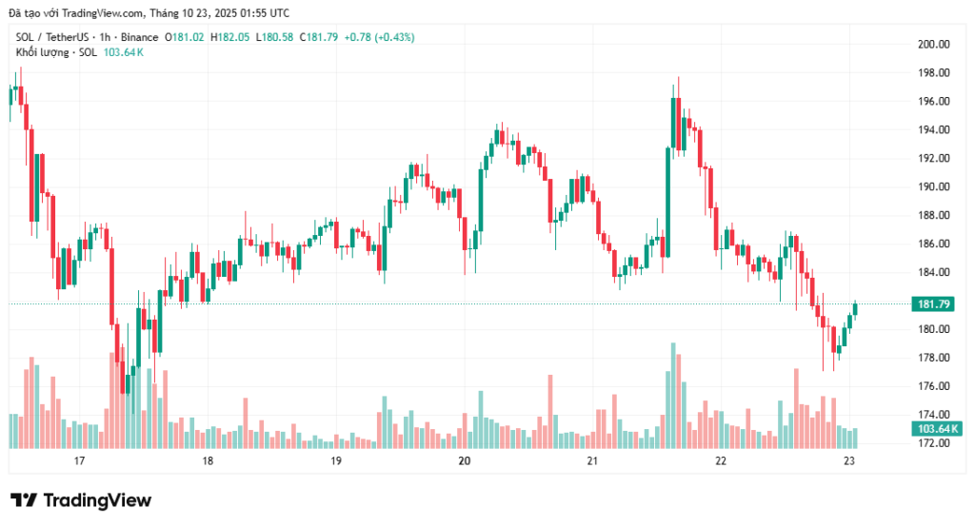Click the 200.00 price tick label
coord(934,44)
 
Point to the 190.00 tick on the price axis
coord(934,186)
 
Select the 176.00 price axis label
coord(934,386)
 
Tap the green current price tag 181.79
coord(934,304)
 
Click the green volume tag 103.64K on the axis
coord(936,429)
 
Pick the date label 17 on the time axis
coord(79,461)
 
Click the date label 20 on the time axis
coord(465,461)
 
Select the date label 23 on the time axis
coord(850,461)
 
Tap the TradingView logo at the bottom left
coord(81,500)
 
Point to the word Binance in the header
coord(139,37)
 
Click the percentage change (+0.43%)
coord(380,37)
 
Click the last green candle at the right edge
coord(856,309)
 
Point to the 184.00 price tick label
coord(934,272)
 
